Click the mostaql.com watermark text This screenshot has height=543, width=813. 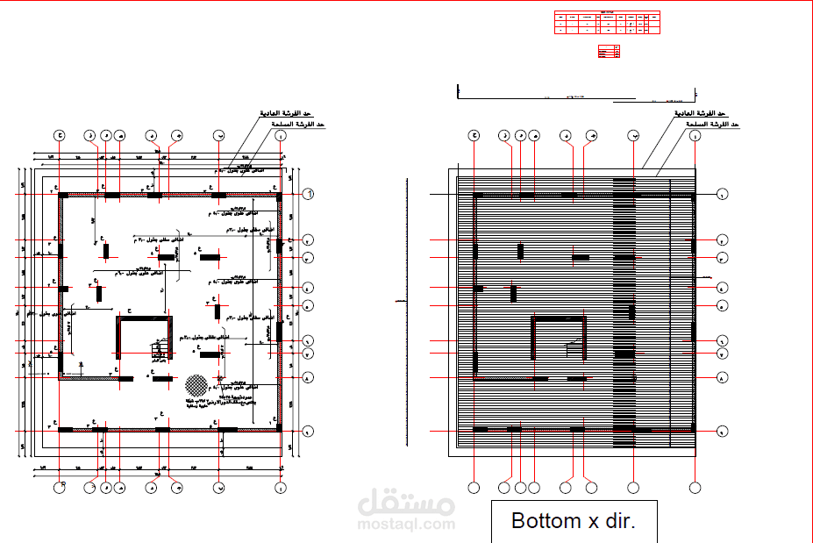pos(405,525)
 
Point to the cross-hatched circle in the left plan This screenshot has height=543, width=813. pos(196,385)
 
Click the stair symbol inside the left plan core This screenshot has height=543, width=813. pos(160,351)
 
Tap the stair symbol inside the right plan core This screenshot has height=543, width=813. pos(575,349)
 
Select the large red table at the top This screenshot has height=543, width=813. pos(607,23)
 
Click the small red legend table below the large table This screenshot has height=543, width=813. pos(609,52)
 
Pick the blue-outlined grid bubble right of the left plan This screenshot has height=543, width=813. pos(309,194)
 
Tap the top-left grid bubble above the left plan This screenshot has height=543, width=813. pos(60,135)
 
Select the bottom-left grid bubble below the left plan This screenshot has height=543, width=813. pos(60,487)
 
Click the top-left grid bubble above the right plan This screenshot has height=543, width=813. pos(474,135)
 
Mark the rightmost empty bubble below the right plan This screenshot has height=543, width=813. pos(695,487)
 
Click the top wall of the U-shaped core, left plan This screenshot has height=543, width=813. pos(143,320)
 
